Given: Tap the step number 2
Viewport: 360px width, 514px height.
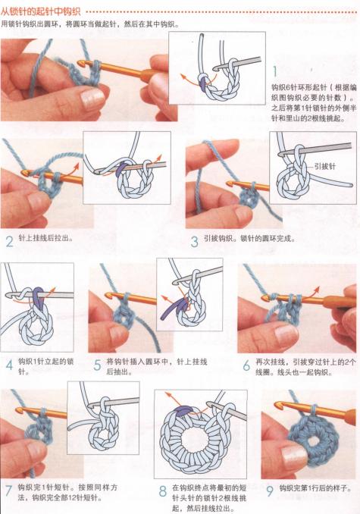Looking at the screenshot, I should pyautogui.click(x=9, y=243).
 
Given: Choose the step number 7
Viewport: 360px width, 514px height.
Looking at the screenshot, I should pyautogui.click(x=9, y=490).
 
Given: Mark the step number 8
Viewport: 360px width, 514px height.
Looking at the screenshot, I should pyautogui.click(x=163, y=491).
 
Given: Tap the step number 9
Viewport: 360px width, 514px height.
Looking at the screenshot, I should pyautogui.click(x=271, y=490).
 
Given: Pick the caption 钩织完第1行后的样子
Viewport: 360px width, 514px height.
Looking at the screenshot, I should pyautogui.click(x=315, y=488).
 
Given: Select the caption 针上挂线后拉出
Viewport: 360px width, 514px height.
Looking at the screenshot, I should pyautogui.click(x=50, y=238).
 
